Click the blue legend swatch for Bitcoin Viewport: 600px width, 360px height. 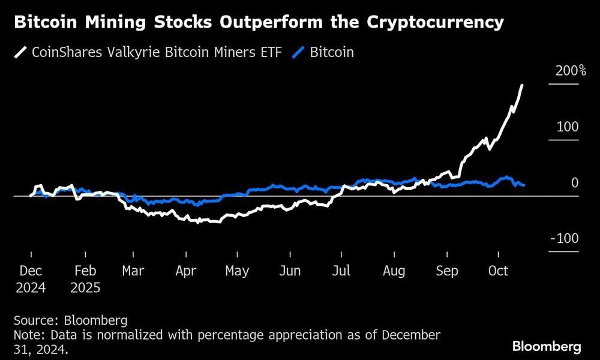pyautogui.click(x=299, y=52)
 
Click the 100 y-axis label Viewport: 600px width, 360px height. pyautogui.click(x=568, y=127)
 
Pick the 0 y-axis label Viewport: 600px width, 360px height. pyautogui.click(x=575, y=183)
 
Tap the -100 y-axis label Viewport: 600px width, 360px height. pyautogui.click(x=565, y=239)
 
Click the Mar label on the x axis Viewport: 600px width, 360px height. pyautogui.click(x=133, y=271)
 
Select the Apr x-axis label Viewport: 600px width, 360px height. pyautogui.click(x=185, y=271)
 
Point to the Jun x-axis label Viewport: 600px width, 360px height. pyautogui.click(x=290, y=271)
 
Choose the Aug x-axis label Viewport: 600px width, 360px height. pyautogui.click(x=394, y=271)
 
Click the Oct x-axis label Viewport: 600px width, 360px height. pyautogui.click(x=498, y=271)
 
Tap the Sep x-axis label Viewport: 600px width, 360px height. pyautogui.click(x=447, y=271)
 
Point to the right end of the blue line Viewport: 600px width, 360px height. pyautogui.click(x=524, y=185)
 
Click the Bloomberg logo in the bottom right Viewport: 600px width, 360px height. pyautogui.click(x=547, y=346)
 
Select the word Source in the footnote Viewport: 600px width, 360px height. pyautogui.click(x=31, y=320)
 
